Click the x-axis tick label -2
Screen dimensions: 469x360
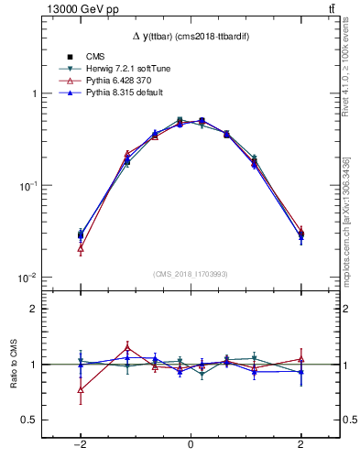(x=80, y=444)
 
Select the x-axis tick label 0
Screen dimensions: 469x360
(x=191, y=444)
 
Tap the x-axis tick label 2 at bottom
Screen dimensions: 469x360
(x=300, y=444)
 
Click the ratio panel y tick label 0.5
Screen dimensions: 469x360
(x=29, y=420)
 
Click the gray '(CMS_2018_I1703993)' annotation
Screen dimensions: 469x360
(x=190, y=274)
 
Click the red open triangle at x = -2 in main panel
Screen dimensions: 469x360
(x=81, y=248)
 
